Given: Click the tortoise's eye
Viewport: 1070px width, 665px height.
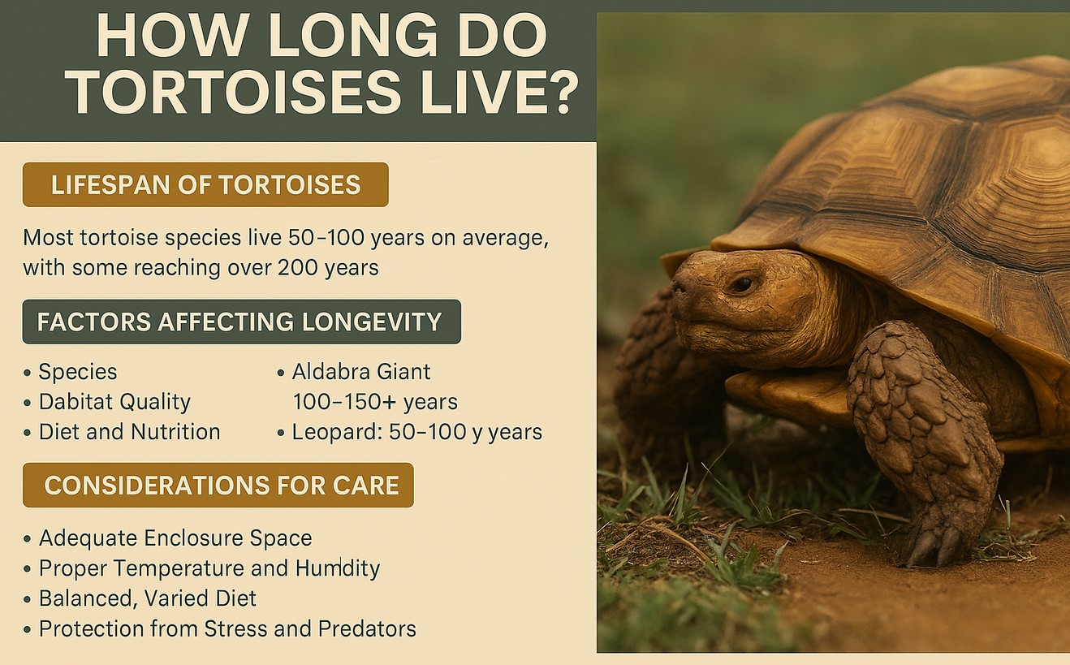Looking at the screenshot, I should (x=741, y=284).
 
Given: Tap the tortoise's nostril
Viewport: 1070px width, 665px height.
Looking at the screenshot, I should (x=680, y=287).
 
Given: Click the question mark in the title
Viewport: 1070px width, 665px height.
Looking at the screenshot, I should (x=559, y=92).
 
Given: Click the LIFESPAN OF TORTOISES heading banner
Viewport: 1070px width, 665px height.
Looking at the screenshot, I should (x=205, y=184).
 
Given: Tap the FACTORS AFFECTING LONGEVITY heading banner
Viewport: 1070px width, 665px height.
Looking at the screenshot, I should (x=241, y=322).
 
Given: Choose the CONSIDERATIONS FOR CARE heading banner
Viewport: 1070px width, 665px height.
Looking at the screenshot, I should (x=218, y=486).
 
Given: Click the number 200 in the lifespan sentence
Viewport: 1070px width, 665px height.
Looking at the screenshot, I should (x=299, y=267).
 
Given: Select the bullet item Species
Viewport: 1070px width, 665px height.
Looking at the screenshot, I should (x=78, y=372).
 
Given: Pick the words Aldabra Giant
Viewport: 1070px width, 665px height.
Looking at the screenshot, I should (x=361, y=372).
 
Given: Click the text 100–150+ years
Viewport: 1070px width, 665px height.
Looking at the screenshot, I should (x=375, y=402).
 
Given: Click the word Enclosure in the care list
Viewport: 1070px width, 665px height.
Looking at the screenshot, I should (x=204, y=538).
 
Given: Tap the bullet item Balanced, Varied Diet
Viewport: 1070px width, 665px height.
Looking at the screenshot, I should (x=148, y=598).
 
